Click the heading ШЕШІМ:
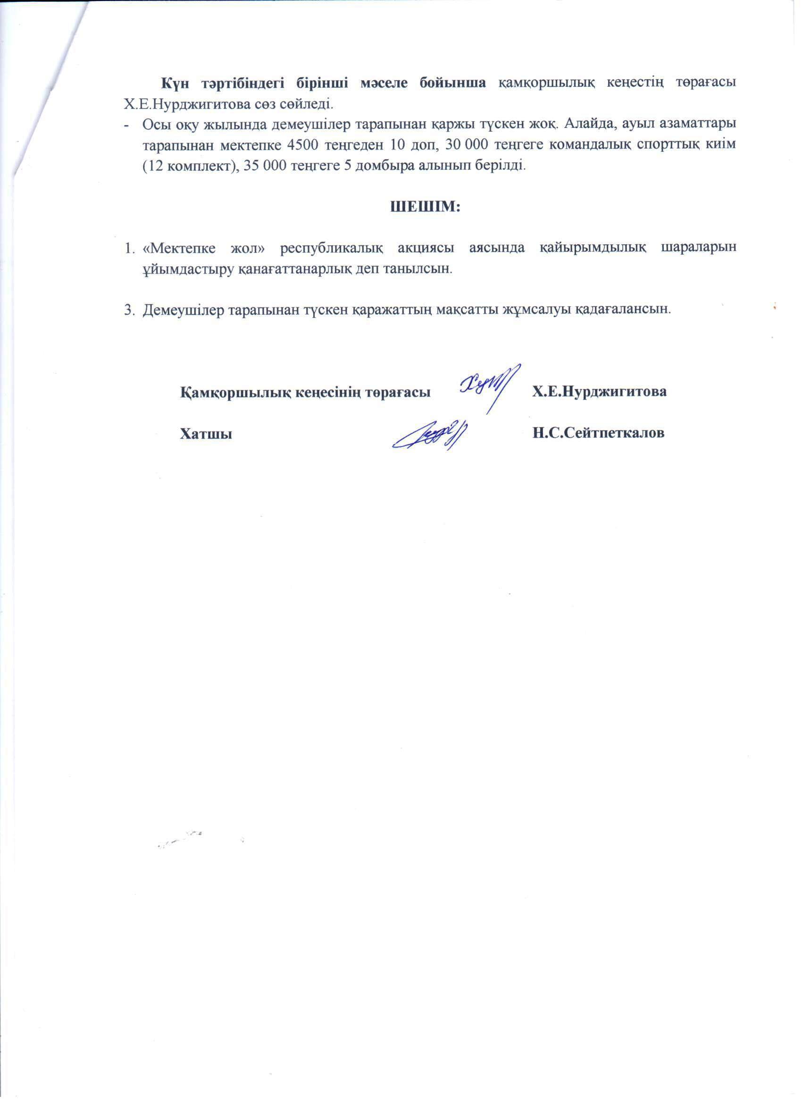[426, 207]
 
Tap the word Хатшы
[206, 433]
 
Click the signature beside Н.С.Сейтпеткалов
[430, 431]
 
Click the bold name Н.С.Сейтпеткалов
[598, 433]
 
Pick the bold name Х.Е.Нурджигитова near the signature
[599, 392]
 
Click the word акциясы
[427, 247]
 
